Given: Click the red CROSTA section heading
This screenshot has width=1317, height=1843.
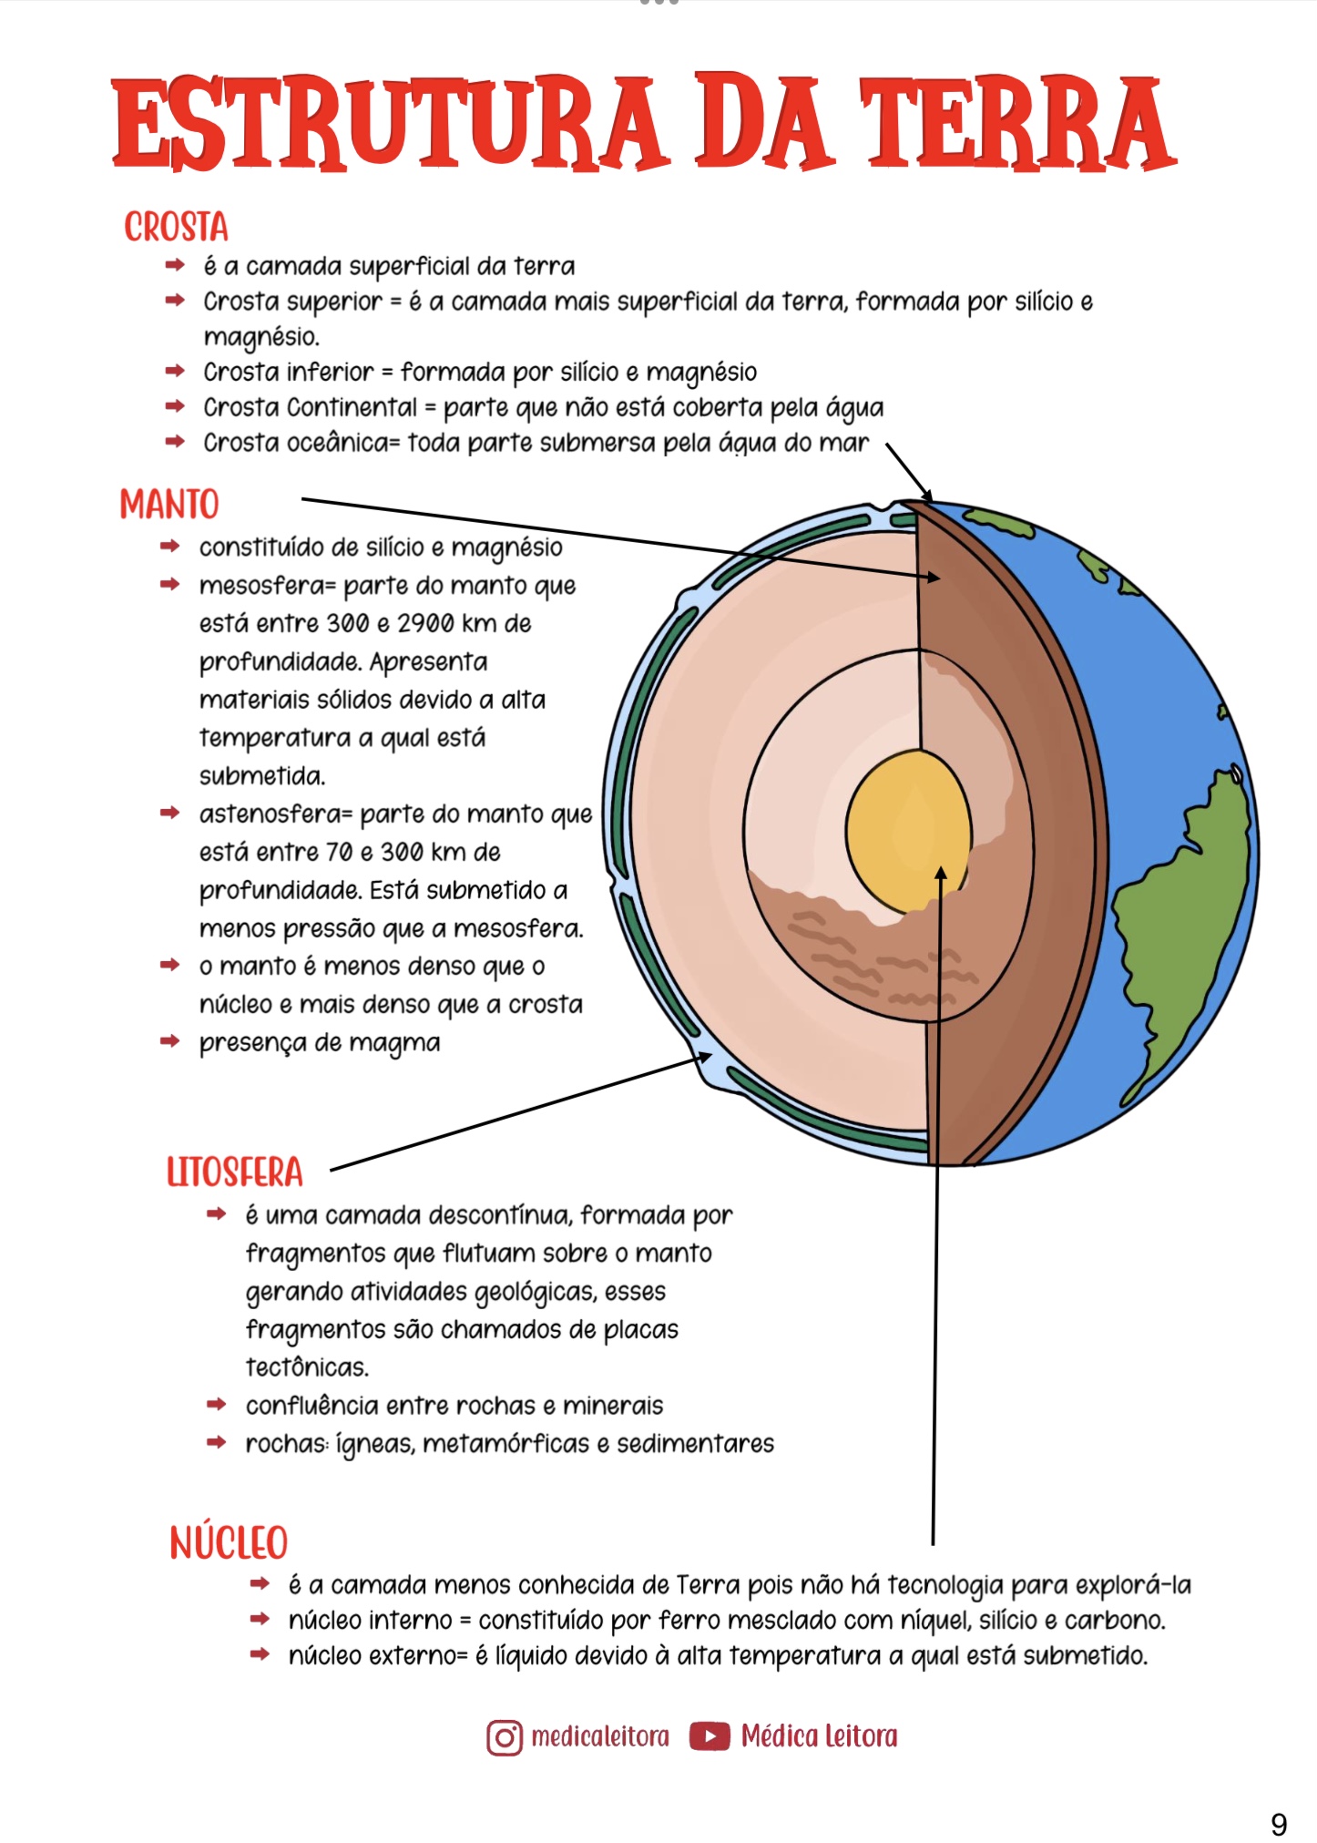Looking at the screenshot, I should (x=176, y=227).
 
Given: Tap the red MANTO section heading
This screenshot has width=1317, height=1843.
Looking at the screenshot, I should (x=169, y=504).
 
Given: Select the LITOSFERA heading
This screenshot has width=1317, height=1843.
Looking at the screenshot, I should (x=234, y=1172).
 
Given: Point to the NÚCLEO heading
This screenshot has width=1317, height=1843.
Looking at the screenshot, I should (x=229, y=1543).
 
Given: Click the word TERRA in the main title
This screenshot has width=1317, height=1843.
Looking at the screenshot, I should (x=1016, y=123).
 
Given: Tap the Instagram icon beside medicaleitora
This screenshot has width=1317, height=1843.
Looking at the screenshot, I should (x=505, y=1737).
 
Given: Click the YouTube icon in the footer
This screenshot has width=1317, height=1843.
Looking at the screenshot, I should (x=710, y=1736).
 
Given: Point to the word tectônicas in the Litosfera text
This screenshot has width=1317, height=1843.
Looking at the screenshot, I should (x=307, y=1367).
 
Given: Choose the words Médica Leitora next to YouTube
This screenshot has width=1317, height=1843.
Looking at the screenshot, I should (x=819, y=1736).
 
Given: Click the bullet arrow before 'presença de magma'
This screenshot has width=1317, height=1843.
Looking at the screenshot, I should (x=170, y=1041).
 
